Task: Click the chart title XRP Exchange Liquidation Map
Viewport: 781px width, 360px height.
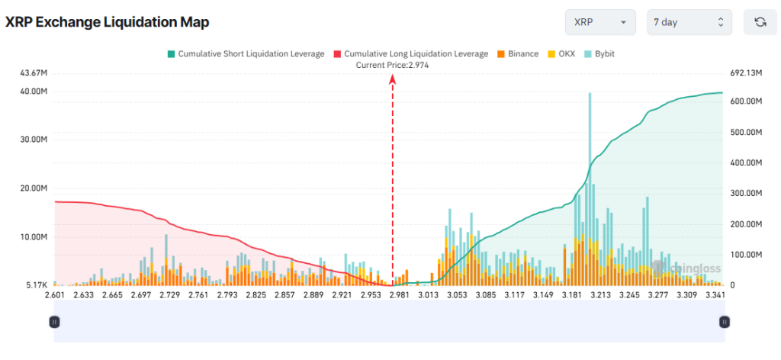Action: tap(108, 22)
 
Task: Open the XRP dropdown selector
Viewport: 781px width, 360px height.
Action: tap(599, 22)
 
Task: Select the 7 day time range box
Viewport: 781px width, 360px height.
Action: tap(689, 22)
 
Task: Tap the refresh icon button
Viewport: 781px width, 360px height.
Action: tap(760, 22)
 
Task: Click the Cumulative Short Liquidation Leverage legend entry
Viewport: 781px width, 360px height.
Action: tap(246, 54)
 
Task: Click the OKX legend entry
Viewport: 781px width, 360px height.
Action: tap(564, 54)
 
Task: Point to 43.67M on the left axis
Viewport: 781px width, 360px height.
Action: tap(34, 73)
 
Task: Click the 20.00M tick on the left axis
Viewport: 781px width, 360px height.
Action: tap(34, 188)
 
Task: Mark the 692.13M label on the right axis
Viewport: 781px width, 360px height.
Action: tap(746, 73)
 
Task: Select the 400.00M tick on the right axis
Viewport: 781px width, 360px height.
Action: tap(746, 162)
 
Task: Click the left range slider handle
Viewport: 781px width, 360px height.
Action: tap(54, 323)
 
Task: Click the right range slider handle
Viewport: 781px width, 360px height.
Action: tap(724, 323)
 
